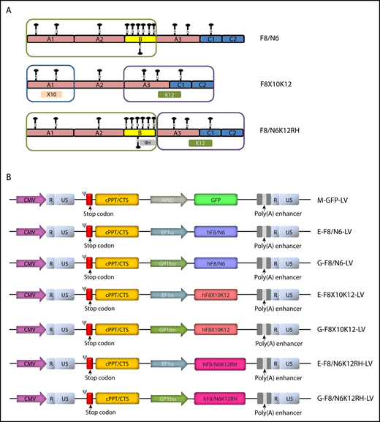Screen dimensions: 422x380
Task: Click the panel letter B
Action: pos(8,178)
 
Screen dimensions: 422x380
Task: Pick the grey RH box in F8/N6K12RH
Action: pos(147,143)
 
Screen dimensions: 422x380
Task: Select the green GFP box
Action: pos(216,199)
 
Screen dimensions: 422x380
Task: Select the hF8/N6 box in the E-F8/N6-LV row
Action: pos(216,231)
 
